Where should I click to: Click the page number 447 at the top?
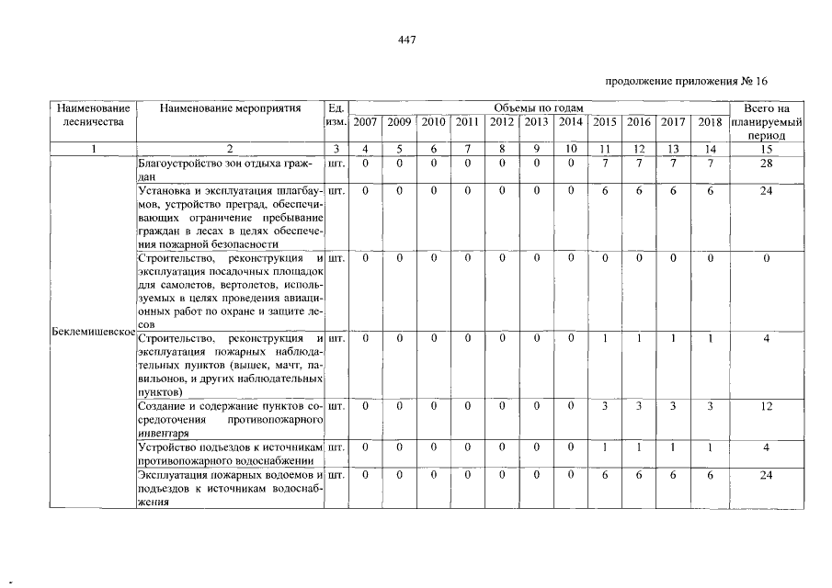[x=409, y=40]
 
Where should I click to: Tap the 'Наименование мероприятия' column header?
[x=230, y=108]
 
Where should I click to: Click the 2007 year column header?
[x=365, y=122]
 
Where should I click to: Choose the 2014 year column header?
[x=571, y=122]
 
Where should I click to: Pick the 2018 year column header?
[x=709, y=122]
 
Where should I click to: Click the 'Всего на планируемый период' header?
[x=766, y=121]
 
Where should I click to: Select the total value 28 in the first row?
[x=766, y=163]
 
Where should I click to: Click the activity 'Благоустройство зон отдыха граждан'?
[x=227, y=169]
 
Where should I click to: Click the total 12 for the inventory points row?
[x=766, y=406]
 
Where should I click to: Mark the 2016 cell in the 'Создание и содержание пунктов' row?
[x=640, y=406]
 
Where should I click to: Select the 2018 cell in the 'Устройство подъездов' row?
[x=709, y=447]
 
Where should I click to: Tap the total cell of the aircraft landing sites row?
[x=766, y=258]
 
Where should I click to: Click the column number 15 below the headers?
[x=766, y=148]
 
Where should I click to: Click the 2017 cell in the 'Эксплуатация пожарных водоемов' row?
[x=674, y=475]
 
